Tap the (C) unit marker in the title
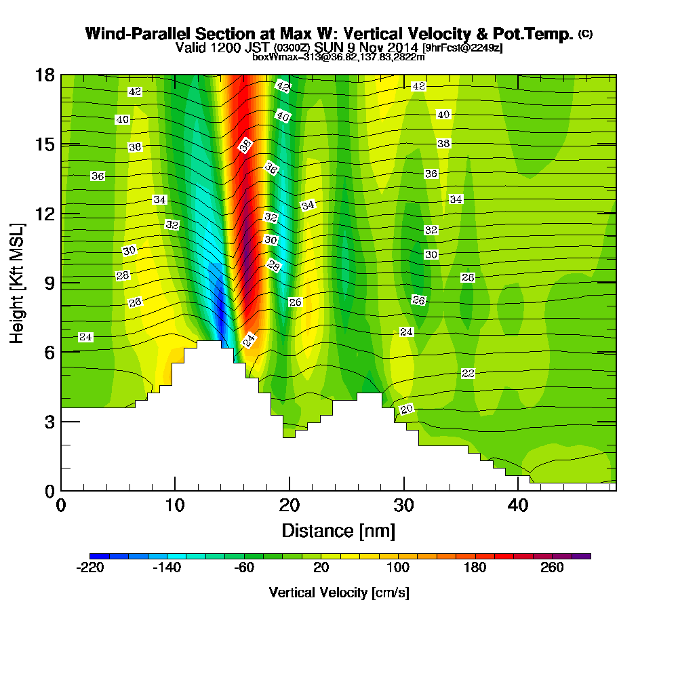click(585, 33)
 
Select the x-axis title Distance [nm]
click(338, 530)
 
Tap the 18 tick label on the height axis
click(45, 75)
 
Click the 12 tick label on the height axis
click(45, 214)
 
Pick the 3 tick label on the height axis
click(49, 421)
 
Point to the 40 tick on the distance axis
click(519, 505)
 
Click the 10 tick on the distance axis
click(175, 505)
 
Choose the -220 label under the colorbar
click(91, 567)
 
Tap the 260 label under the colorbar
click(552, 567)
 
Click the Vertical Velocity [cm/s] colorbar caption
click(339, 593)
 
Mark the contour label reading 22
click(468, 374)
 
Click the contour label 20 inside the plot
click(407, 409)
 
